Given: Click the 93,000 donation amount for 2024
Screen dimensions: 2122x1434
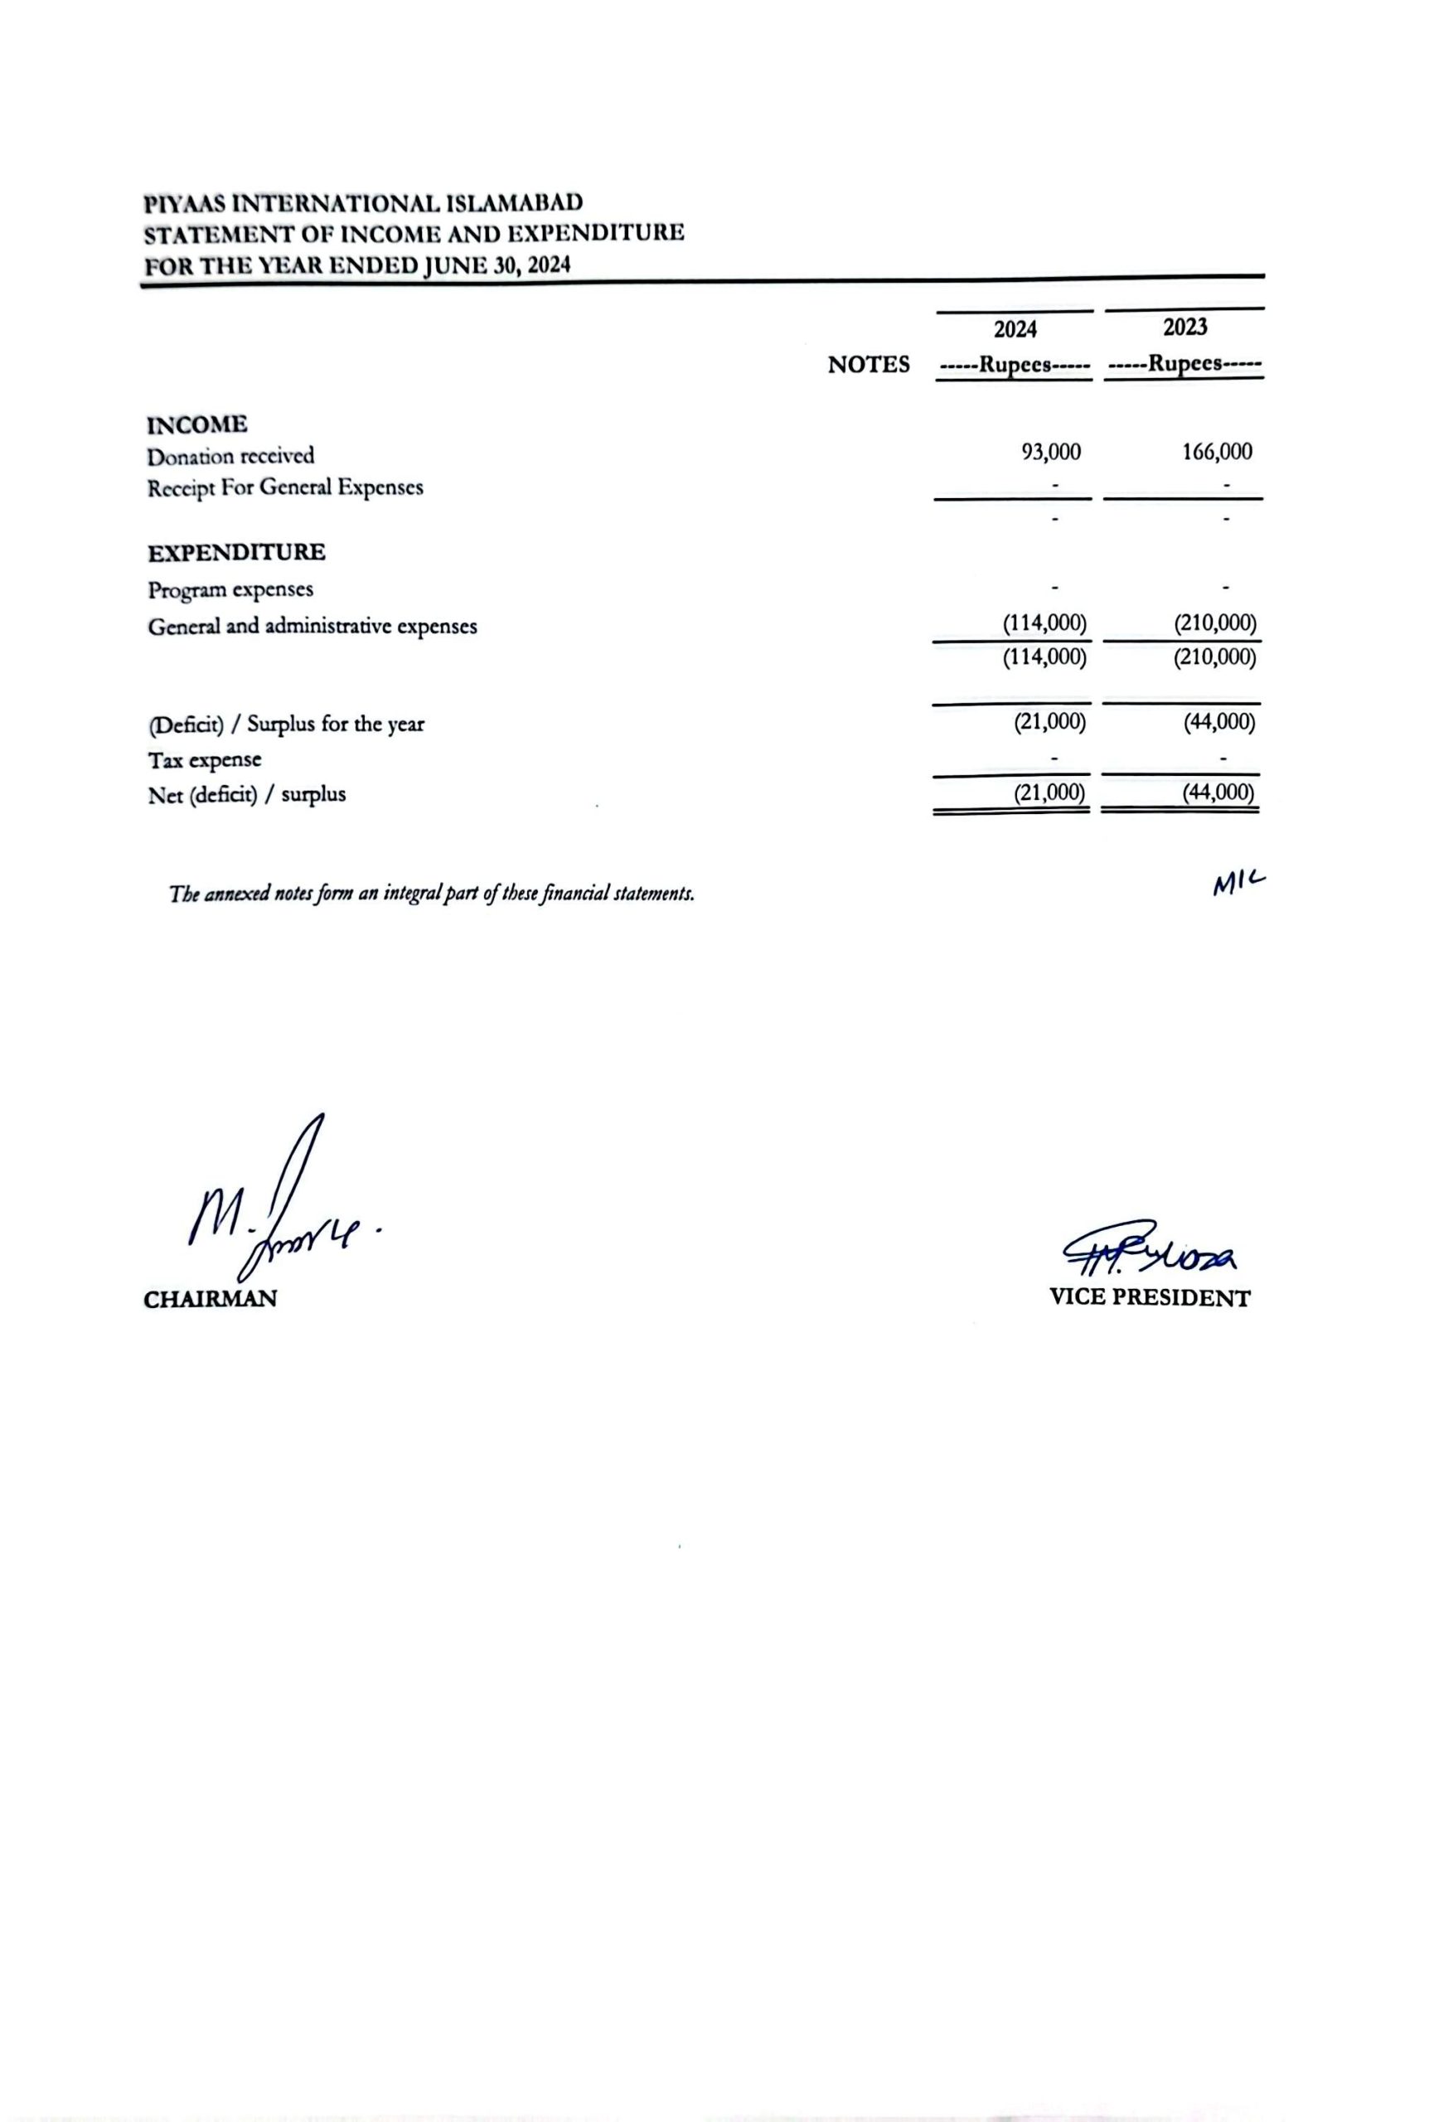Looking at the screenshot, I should point(1052,452).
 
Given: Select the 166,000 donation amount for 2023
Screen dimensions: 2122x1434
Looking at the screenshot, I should point(1218,451).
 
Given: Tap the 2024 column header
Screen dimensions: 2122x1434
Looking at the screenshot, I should point(1016,329).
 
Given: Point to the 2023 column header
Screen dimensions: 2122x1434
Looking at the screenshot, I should point(1185,326).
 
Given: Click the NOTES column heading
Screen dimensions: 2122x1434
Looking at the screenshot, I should point(868,366).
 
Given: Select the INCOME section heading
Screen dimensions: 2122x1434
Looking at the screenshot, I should point(197,424).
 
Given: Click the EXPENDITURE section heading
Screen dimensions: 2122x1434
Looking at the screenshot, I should point(236,552).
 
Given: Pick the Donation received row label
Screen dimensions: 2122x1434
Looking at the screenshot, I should point(230,456).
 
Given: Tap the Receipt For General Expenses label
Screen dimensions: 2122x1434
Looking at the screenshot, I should point(285,487).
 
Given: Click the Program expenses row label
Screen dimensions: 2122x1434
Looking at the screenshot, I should point(230,590).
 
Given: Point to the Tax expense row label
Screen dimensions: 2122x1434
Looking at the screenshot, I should point(205,759).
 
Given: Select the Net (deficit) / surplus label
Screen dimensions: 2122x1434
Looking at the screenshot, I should point(246,794).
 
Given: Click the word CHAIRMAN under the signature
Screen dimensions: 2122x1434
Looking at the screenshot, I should point(210,1300).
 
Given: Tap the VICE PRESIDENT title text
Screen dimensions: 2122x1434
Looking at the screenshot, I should point(1149,1297).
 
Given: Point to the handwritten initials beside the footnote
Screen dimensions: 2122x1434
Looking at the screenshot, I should point(1238,883).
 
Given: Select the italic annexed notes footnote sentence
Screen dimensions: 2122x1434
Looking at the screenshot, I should point(432,893).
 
